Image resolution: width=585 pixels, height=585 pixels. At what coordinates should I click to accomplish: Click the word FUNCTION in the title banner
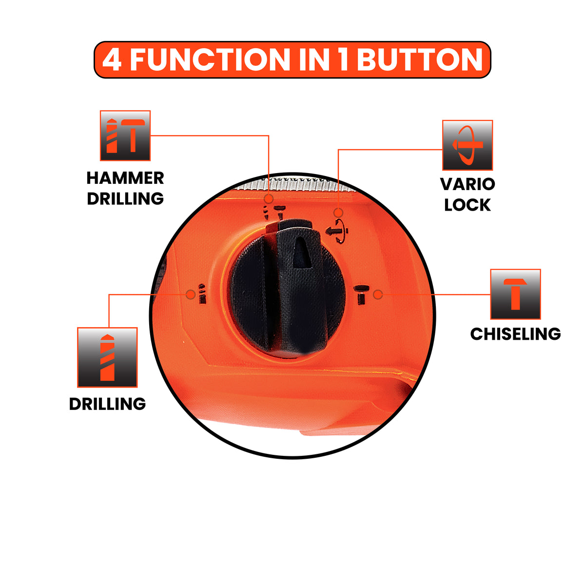(210, 59)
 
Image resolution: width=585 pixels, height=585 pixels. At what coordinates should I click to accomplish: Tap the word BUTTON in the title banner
(420, 59)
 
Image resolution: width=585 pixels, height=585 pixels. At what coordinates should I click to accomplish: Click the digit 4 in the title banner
(112, 59)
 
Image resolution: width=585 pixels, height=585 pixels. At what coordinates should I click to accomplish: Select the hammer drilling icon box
(125, 136)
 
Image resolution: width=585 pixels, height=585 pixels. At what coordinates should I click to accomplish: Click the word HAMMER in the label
(125, 178)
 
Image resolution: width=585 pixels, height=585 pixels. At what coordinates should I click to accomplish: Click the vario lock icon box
(467, 145)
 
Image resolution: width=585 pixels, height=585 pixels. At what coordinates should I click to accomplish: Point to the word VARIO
(468, 184)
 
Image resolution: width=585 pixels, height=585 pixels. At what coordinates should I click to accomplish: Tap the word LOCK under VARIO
(468, 205)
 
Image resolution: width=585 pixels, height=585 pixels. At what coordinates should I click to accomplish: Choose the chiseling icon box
(515, 294)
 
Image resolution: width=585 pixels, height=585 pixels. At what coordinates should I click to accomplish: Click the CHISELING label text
(515, 334)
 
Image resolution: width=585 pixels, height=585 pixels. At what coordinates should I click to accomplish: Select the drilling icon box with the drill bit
(107, 357)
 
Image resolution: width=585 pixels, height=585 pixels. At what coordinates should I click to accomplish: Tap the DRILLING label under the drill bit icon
(107, 404)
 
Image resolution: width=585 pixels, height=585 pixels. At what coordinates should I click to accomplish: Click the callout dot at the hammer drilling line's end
(269, 199)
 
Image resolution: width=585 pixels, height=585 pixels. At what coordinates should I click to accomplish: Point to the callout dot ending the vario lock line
(338, 213)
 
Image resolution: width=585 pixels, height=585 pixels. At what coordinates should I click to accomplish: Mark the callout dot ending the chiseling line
(378, 294)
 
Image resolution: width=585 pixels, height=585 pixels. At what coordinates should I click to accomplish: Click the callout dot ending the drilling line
(191, 294)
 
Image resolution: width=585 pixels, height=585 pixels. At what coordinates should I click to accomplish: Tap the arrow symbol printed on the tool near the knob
(336, 232)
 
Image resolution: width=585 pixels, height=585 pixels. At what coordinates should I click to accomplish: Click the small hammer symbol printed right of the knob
(361, 295)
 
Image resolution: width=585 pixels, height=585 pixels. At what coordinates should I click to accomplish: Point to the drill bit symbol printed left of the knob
(202, 293)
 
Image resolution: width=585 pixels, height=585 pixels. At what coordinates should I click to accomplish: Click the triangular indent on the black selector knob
(302, 253)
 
